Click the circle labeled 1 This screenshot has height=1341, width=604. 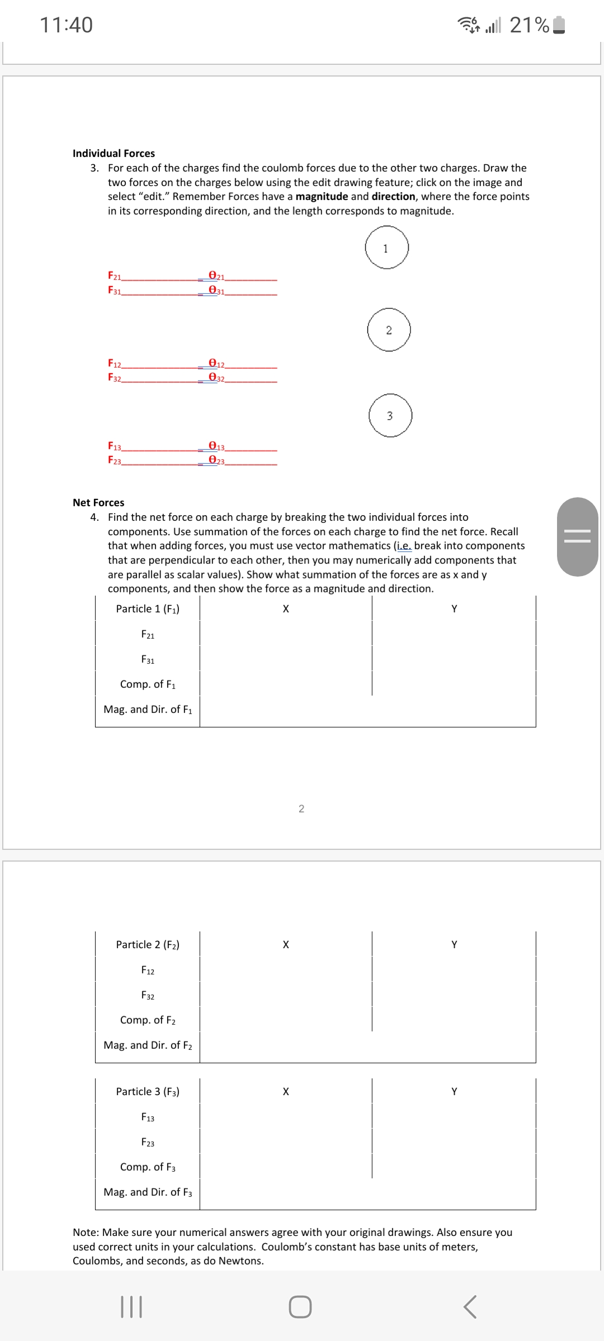coord(386,248)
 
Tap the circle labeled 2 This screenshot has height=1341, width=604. coord(389,330)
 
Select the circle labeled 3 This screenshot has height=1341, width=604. coord(390,416)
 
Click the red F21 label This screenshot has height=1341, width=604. coord(115,275)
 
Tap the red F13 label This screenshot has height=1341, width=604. coord(115,446)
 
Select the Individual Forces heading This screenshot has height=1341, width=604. coord(114,153)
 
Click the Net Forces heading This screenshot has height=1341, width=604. coord(98,502)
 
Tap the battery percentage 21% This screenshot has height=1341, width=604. coord(529,25)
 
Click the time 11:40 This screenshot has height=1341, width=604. coord(66,25)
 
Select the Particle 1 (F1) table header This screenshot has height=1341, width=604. coord(148,609)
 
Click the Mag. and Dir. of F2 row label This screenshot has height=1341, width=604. coord(148,1045)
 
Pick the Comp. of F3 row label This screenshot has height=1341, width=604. coord(148,1167)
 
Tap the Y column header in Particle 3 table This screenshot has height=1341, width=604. coord(454,1091)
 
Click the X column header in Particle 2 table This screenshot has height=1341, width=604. coord(286,944)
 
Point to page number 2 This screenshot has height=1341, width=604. coord(301,809)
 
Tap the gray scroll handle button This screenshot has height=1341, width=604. coord(577,536)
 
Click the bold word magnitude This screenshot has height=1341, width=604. coord(322,197)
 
